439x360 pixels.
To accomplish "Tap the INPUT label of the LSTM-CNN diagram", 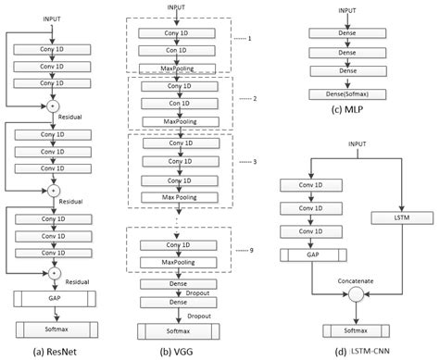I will (356, 143).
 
